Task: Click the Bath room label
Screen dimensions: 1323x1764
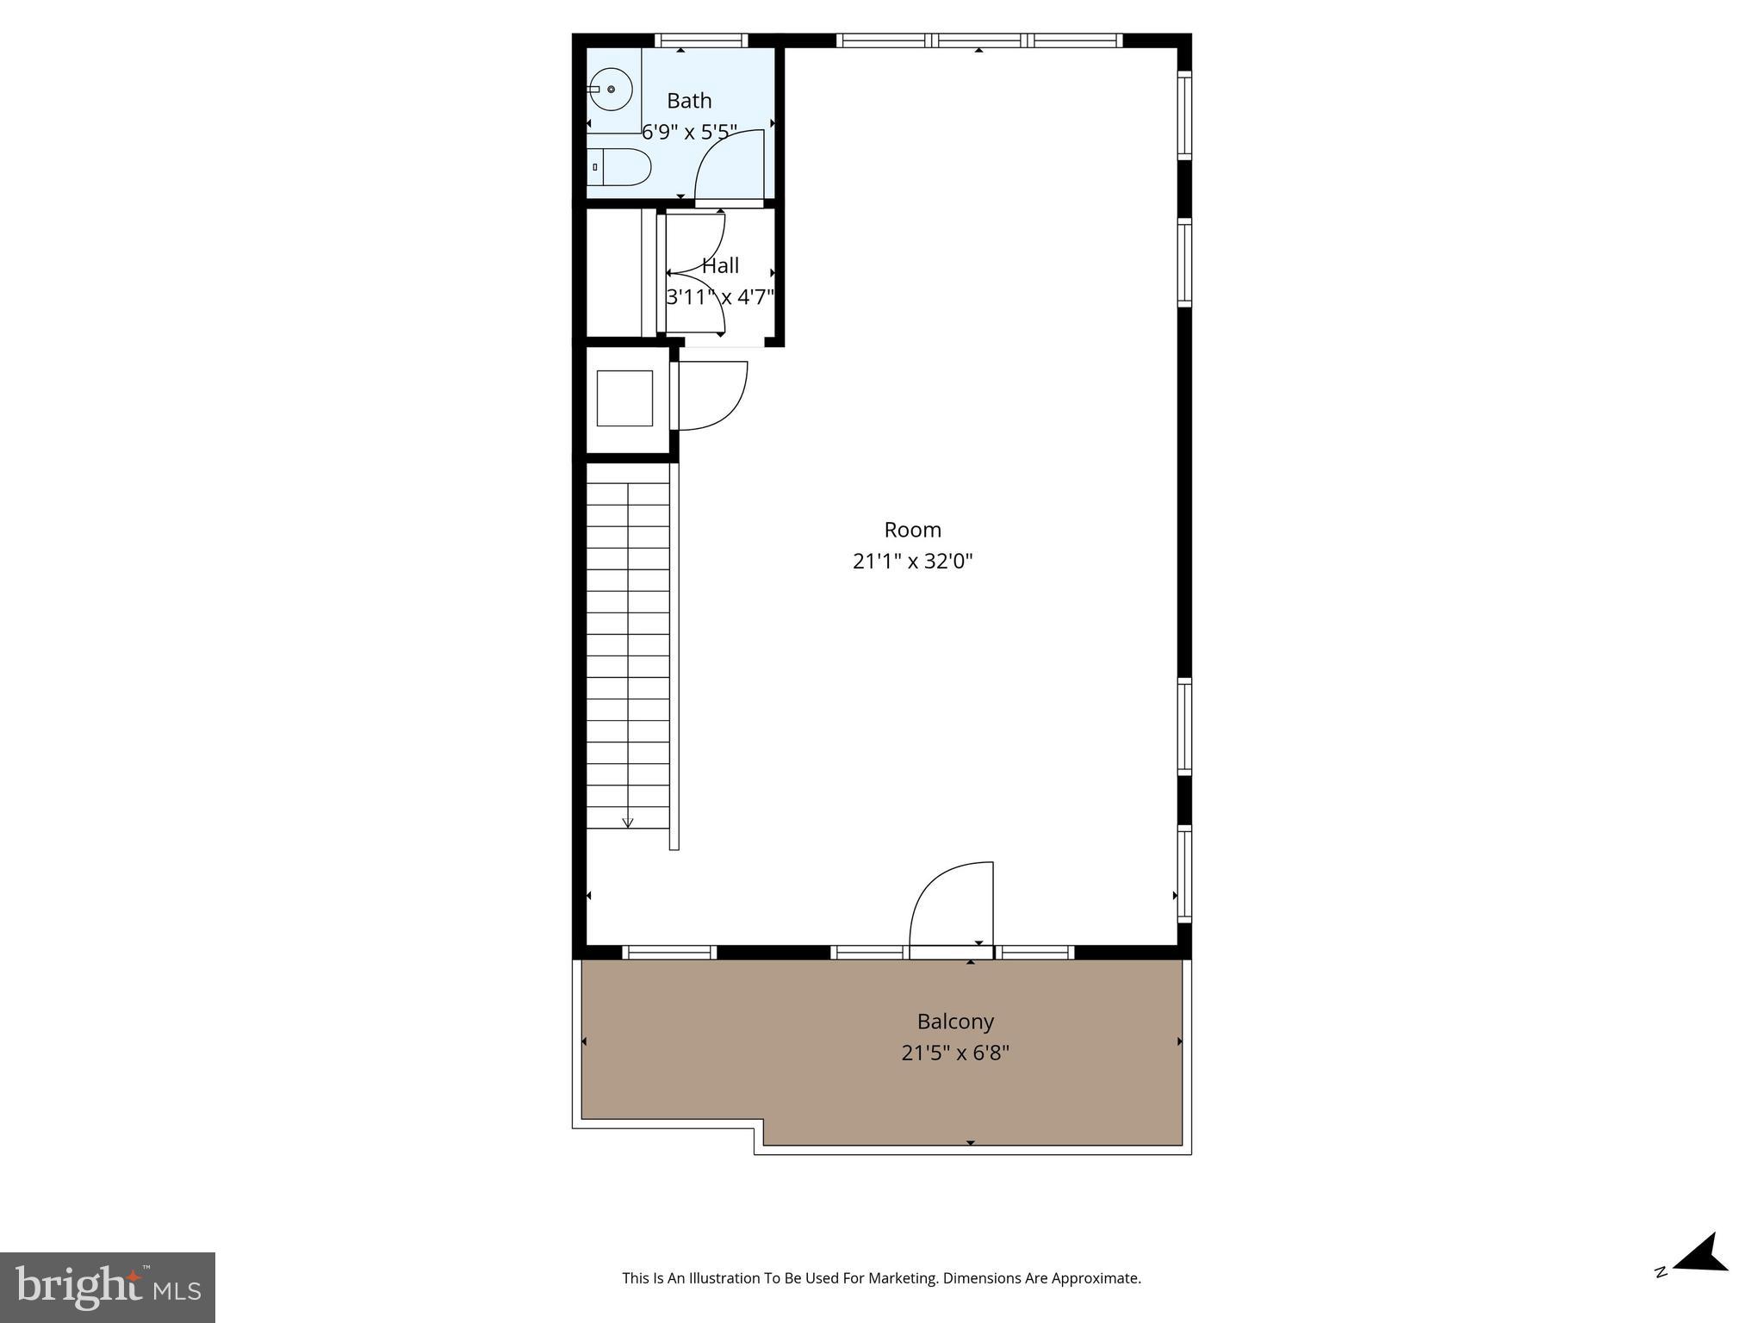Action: pos(689,101)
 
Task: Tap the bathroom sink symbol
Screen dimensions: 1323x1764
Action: pos(611,90)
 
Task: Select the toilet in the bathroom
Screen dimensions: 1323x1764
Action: pos(619,166)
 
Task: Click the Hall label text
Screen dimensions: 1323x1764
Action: pos(720,265)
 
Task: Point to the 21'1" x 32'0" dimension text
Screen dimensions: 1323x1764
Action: pos(912,562)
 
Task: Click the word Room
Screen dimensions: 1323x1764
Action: pos(912,530)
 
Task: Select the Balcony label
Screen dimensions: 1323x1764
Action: pos(955,1022)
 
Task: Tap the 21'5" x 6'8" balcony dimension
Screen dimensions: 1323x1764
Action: pos(955,1053)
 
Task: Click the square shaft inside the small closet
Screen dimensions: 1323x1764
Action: pos(624,398)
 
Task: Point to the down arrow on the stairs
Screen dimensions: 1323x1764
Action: pos(628,822)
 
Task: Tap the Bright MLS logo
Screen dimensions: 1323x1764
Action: pos(108,1287)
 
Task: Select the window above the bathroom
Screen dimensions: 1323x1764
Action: pos(701,40)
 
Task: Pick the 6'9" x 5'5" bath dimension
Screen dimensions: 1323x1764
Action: pos(689,132)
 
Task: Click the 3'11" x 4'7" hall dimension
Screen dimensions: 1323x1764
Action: pos(720,297)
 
